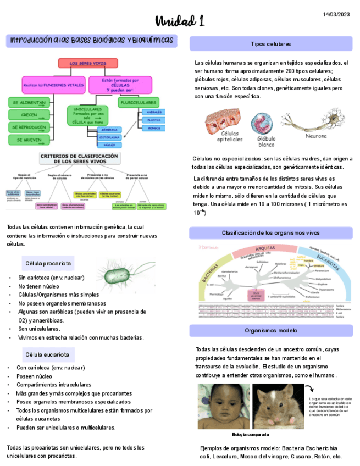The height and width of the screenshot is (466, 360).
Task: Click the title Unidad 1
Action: coord(180,21)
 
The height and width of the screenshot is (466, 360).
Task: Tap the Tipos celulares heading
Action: coord(270,43)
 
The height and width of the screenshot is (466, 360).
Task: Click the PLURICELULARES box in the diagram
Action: coord(138,102)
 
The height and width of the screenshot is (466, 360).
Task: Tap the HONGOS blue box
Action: coord(153,127)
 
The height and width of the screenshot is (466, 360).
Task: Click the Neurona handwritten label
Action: coord(315,136)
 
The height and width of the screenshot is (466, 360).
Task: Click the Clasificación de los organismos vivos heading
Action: coord(270,233)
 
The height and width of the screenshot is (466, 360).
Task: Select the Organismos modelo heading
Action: coord(270,331)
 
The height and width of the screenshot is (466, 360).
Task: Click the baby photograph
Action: coord(222,407)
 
